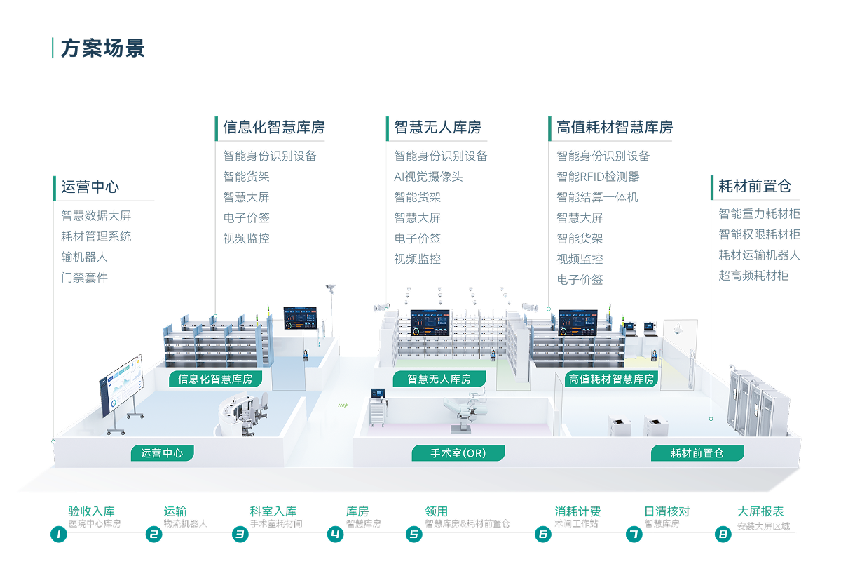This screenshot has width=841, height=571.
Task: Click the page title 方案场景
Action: pyautogui.click(x=102, y=49)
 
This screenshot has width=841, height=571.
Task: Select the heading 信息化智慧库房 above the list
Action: pyautogui.click(x=274, y=128)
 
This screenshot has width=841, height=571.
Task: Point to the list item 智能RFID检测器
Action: pyautogui.click(x=598, y=177)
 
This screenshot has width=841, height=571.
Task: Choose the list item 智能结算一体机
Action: pyautogui.click(x=597, y=197)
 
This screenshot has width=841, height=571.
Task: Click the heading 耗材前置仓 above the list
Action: pyautogui.click(x=755, y=187)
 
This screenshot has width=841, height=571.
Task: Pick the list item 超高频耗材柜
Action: pyautogui.click(x=753, y=276)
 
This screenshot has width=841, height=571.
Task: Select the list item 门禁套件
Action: pyautogui.click(x=84, y=277)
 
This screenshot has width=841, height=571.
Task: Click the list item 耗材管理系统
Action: pyautogui.click(x=96, y=236)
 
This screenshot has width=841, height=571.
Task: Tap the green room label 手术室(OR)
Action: pyautogui.click(x=458, y=453)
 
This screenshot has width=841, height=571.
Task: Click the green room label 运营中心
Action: pyautogui.click(x=162, y=453)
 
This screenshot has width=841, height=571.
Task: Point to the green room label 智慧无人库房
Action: pyautogui.click(x=449, y=379)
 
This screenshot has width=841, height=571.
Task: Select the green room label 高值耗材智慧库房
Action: pyautogui.click(x=612, y=379)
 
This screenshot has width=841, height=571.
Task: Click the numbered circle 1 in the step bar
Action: pyautogui.click(x=59, y=535)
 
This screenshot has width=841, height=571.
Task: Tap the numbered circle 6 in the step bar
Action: pyautogui.click(x=543, y=535)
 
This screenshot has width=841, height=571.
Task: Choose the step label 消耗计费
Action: pyautogui.click(x=577, y=512)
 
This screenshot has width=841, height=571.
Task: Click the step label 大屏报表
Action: pyautogui.click(x=760, y=512)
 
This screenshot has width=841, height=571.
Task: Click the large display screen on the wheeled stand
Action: pyautogui.click(x=121, y=384)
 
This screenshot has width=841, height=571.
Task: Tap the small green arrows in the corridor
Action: pyautogui.click(x=343, y=405)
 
